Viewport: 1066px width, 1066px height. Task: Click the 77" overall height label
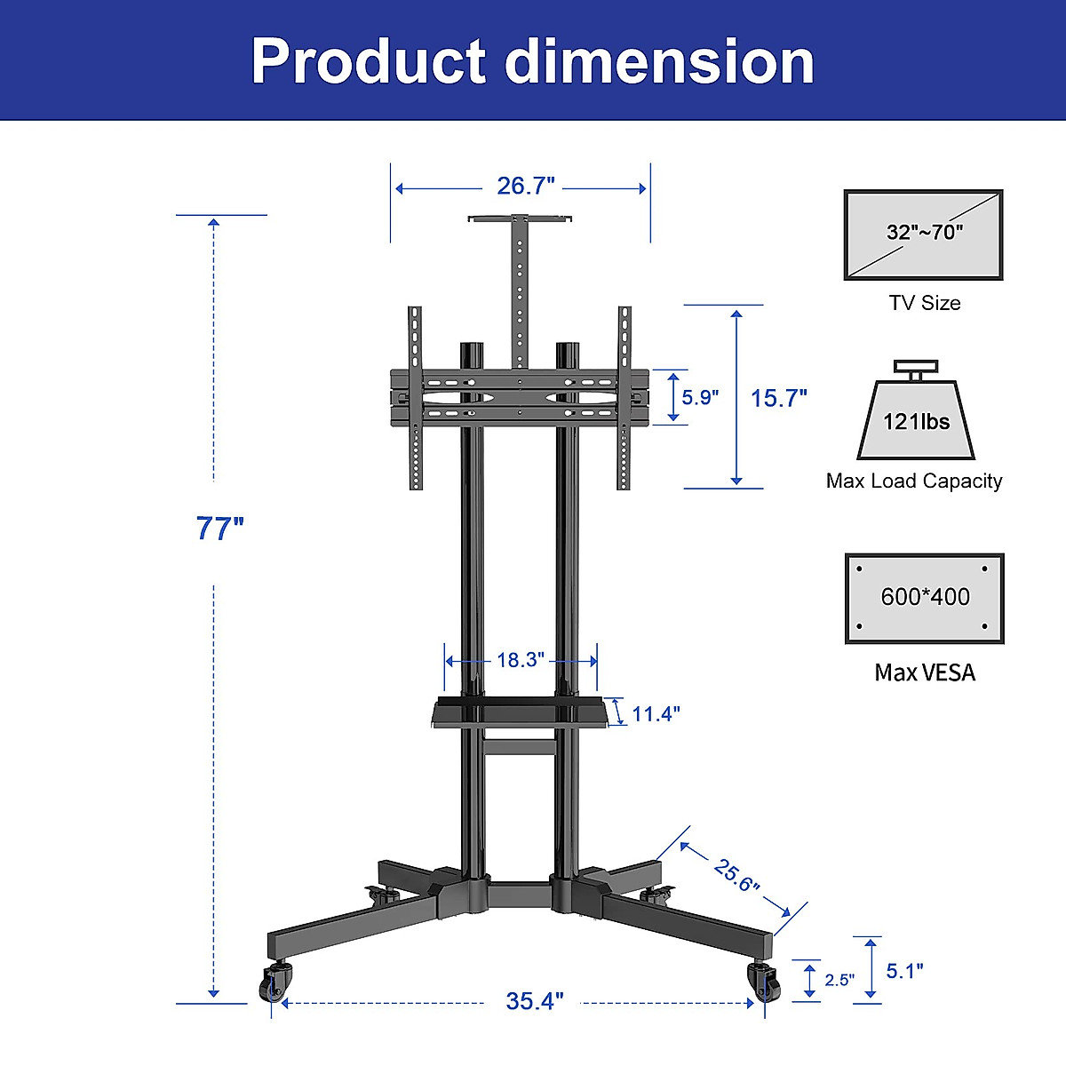219,529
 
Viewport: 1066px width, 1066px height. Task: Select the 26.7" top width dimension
525,187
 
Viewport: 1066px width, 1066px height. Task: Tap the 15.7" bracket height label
778,398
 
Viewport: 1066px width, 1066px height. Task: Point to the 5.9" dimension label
700,397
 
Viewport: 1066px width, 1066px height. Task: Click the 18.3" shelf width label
520,660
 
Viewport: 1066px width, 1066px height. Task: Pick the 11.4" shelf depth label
656,714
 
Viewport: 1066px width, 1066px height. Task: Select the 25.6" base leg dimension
736,876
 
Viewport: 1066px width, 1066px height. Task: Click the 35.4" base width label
535,1001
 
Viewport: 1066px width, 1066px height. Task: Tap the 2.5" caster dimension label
839,980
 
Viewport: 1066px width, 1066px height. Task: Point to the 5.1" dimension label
904,971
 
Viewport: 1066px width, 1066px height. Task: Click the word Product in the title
368,61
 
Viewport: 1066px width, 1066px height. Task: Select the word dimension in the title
659,61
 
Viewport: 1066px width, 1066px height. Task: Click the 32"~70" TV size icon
923,235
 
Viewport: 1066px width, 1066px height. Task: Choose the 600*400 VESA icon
925,598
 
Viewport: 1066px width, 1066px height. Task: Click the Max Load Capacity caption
914,481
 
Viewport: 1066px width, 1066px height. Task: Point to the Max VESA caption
925,672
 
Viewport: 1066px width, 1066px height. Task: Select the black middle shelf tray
521,713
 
